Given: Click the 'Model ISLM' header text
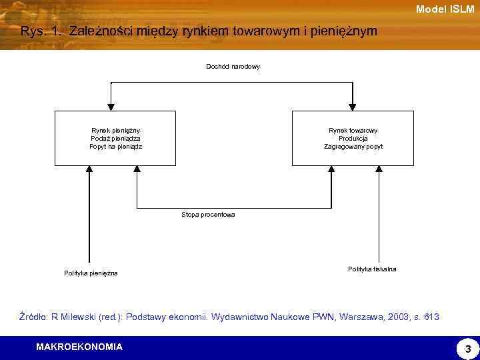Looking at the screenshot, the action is coord(445,9).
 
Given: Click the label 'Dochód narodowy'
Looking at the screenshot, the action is coord(233,67).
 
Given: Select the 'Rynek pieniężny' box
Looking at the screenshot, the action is coord(115,138).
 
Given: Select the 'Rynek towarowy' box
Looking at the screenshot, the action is coord(353,138).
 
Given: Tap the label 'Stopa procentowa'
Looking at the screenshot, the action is coord(208,215).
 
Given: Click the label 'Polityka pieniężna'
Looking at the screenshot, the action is coord(91,273).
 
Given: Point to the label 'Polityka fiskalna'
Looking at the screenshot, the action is coord(372,269).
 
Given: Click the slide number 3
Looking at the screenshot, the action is coord(467,349).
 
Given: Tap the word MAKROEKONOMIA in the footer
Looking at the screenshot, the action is coord(79,347).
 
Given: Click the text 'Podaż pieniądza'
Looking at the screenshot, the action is coord(116,138).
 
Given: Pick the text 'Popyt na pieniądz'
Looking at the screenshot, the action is coord(116,146).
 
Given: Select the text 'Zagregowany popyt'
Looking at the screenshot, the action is coord(353,146).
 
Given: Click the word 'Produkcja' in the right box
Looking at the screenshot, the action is coord(353,138).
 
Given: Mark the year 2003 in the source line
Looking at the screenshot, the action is coord(389,317).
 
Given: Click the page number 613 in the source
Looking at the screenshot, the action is coord(431,317).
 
